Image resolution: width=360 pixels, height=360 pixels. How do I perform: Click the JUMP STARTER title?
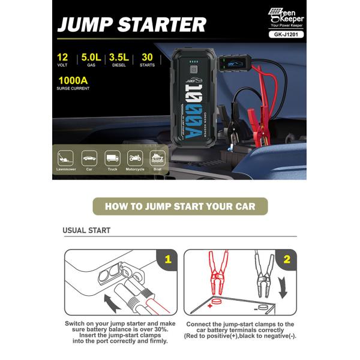[132, 25]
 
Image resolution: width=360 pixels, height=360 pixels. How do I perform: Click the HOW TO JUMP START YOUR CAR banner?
[180, 206]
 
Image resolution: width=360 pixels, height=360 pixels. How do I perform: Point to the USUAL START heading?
[86, 230]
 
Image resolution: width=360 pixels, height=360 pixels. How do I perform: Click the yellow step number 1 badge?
[168, 260]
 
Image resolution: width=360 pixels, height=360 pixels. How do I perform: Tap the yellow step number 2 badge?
[287, 260]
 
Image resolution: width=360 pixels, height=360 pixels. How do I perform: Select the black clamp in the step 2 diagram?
[262, 276]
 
